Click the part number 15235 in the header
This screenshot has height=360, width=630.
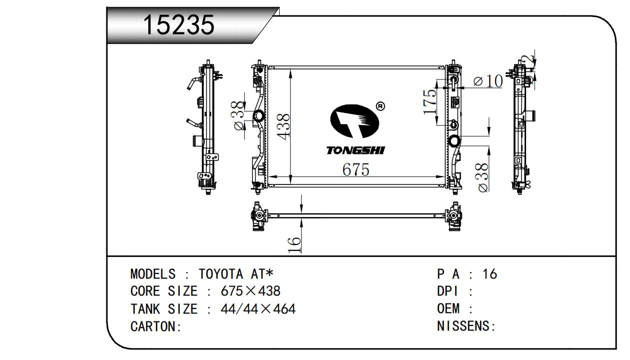coord(179,24)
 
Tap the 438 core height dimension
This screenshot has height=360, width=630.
coord(284,126)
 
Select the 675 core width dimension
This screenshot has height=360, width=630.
coord(356,170)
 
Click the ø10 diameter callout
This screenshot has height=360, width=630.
coord(488,81)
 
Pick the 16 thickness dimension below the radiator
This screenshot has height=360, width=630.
coord(295,244)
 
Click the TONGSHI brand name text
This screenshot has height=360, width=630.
coord(355,150)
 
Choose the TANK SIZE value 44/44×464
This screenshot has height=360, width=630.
coord(258,309)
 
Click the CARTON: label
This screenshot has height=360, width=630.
coord(155,326)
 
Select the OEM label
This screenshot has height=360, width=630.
coord(448,309)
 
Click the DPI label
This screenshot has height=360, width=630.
coord(448,291)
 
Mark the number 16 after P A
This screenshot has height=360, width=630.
coord(490,274)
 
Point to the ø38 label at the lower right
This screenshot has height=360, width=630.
coord(483,177)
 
